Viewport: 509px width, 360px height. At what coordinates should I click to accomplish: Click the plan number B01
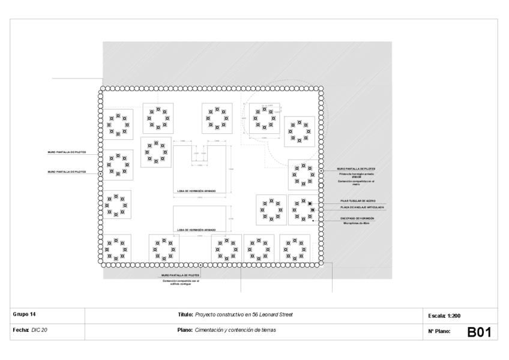point(479,331)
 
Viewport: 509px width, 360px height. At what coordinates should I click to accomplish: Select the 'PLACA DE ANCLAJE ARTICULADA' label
point(362,207)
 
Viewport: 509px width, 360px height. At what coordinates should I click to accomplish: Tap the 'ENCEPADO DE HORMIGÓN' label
point(361,218)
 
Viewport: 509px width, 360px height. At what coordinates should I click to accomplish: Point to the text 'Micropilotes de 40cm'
point(359,223)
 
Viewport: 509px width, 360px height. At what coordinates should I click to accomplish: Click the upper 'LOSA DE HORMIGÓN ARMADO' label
point(196,192)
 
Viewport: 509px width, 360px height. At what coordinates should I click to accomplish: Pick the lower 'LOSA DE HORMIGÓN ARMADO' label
point(196,230)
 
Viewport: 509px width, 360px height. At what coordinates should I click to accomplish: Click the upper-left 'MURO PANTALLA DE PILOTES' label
point(67,152)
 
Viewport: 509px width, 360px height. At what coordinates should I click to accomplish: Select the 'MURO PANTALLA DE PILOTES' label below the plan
point(181,275)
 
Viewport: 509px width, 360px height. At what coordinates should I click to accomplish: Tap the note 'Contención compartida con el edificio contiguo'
point(181,282)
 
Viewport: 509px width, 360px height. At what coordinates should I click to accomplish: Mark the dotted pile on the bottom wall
point(200,264)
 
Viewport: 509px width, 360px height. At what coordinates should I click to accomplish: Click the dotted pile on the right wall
point(322,171)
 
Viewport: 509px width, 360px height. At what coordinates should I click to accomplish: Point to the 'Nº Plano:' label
point(439,331)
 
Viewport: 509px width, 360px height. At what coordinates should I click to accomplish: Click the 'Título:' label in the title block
point(185,314)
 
